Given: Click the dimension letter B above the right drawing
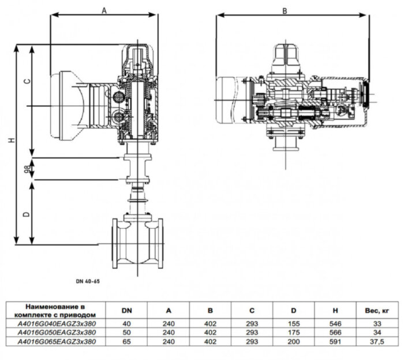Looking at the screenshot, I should (x=285, y=10).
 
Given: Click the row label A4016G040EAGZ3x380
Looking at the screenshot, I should (x=57, y=324).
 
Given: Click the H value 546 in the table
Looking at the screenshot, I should (x=334, y=324).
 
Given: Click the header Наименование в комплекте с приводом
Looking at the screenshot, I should (x=57, y=310).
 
